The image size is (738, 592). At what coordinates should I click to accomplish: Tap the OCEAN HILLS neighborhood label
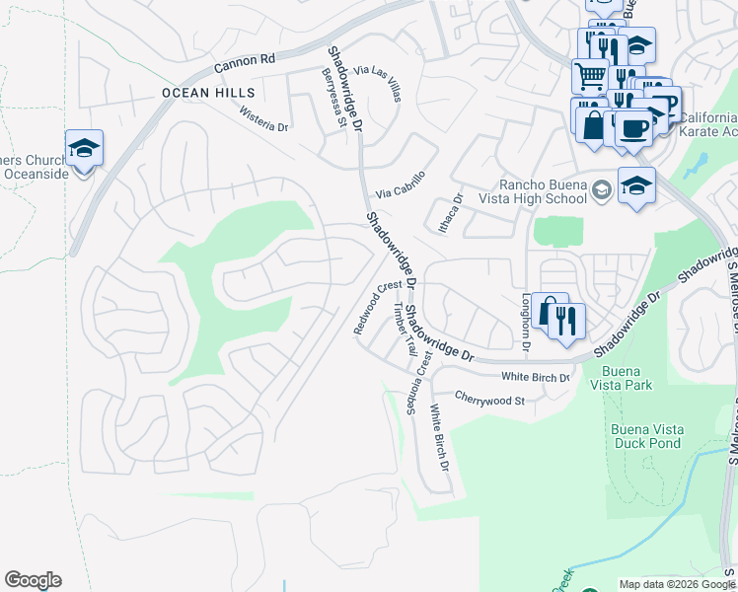(x=201, y=93)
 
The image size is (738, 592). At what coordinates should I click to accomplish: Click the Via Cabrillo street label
(x=400, y=185)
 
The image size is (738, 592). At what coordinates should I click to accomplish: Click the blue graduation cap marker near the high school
(x=636, y=185)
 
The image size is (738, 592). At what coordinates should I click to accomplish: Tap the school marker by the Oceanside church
(x=84, y=148)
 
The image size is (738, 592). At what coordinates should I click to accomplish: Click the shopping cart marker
(x=590, y=75)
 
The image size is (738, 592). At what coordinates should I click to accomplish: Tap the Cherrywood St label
(x=489, y=399)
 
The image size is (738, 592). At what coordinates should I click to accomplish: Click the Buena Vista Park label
(x=619, y=378)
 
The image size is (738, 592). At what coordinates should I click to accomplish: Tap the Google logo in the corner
(x=33, y=580)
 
